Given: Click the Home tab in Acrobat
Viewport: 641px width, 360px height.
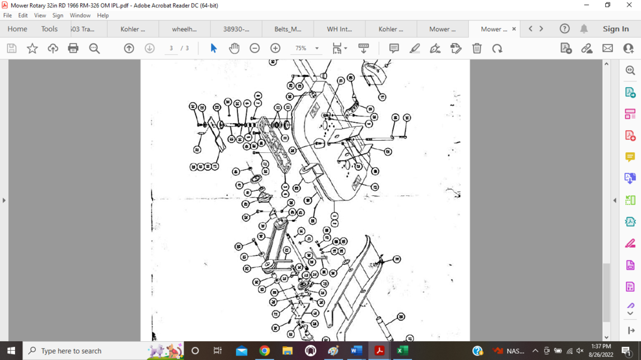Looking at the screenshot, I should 17,29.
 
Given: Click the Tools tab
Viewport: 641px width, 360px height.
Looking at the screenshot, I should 49,29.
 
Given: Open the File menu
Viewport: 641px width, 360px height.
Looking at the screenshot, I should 8,15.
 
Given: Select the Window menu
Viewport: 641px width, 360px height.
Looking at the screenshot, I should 80,15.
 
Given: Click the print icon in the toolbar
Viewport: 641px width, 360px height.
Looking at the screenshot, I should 73,48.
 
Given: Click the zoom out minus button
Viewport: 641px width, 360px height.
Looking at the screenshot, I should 255,48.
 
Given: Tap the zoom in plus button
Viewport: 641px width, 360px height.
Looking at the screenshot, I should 275,48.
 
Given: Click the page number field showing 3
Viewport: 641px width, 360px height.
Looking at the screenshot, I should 171,48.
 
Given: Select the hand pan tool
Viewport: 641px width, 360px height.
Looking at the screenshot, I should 234,48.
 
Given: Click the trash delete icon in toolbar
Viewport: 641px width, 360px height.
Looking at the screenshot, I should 477,48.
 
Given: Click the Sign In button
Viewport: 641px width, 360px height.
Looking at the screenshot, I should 615,29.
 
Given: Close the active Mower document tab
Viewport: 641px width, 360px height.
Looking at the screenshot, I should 514,29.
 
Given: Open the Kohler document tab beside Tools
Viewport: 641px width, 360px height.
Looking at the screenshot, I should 133,29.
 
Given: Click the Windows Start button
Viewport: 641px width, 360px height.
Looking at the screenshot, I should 11,351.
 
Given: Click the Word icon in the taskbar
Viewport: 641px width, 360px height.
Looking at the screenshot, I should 356,351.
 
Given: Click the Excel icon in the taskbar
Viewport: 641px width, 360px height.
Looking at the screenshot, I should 402,351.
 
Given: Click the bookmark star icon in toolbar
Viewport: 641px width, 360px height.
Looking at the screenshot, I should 32,48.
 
